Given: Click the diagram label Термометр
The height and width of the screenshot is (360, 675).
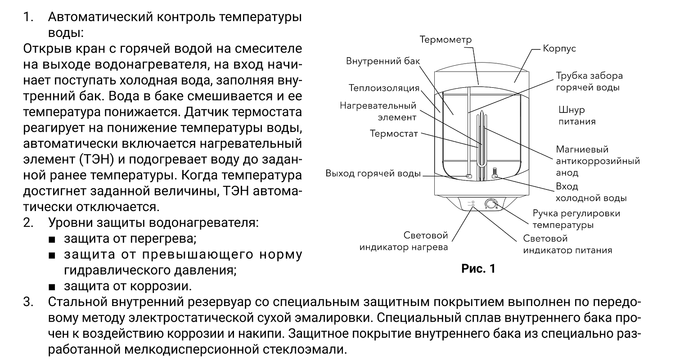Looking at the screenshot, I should (445, 40).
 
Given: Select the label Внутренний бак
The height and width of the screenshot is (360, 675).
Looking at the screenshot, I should (380, 61).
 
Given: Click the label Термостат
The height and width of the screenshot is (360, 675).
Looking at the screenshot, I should (394, 134).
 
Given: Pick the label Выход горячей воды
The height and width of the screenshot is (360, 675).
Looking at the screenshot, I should (373, 174).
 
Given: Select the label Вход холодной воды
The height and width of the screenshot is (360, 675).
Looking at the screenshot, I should (591, 192).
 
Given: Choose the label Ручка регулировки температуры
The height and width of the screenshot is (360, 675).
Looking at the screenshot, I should (576, 219).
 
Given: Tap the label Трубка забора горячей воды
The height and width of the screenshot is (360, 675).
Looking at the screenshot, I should (589, 81).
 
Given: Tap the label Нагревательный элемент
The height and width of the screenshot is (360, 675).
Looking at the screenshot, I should (378, 112).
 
